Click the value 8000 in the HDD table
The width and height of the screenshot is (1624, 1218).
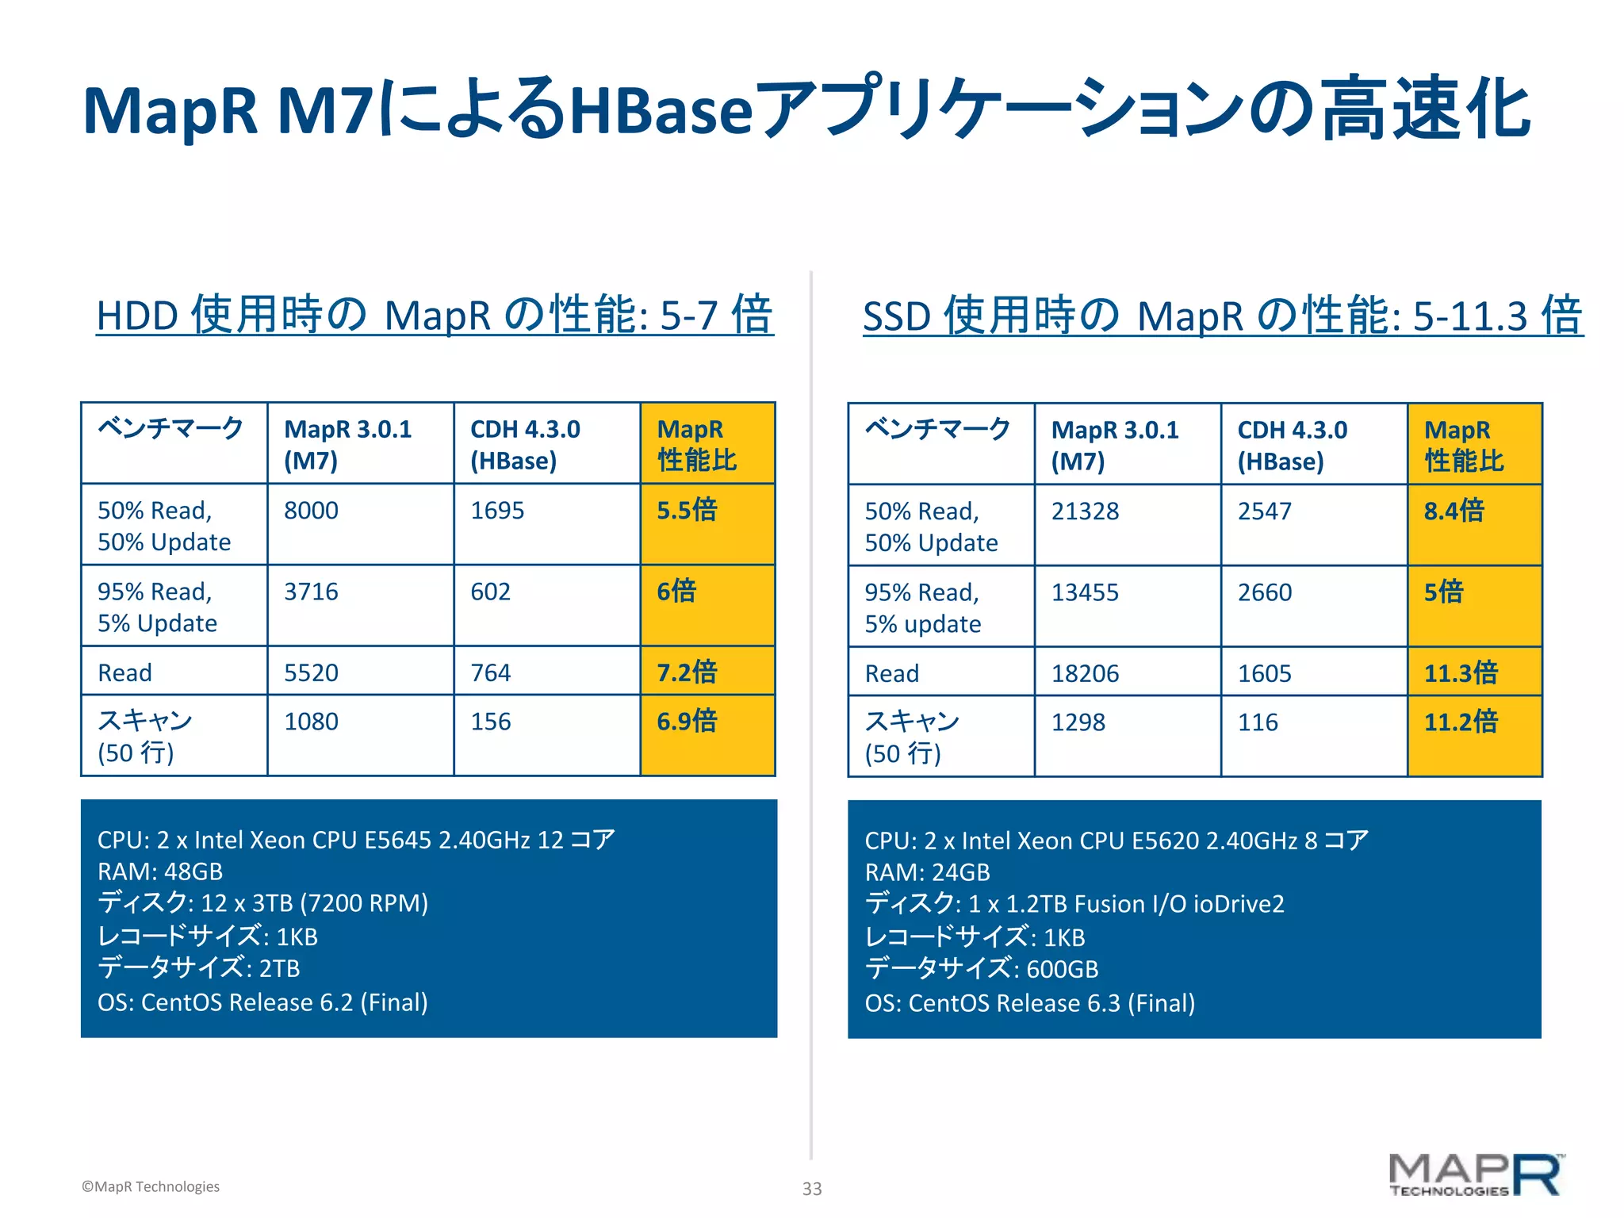(311, 511)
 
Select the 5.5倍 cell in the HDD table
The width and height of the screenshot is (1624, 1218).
(687, 510)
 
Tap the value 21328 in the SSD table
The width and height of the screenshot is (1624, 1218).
(1085, 511)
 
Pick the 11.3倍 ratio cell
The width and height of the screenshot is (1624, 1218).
(1461, 673)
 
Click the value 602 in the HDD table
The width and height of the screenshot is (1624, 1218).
(490, 592)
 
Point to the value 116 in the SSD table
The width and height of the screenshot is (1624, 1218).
(1258, 722)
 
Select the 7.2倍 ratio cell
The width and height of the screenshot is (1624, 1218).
(687, 672)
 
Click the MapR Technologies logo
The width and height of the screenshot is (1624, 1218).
(1476, 1175)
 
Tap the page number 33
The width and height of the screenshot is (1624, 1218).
(812, 1189)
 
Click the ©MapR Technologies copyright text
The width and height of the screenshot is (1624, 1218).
(151, 1186)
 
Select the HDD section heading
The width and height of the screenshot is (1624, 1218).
(434, 315)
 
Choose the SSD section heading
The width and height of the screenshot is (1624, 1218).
(1222, 316)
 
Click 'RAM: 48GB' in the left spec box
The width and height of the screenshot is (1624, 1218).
(160, 871)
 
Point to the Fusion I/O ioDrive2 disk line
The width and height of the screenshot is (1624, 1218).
(1074, 904)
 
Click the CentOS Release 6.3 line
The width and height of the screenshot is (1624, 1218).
(1029, 1003)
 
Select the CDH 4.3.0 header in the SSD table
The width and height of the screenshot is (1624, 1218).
(1292, 445)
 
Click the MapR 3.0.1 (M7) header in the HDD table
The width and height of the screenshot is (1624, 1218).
(347, 444)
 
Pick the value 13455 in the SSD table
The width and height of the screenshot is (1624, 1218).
(1085, 592)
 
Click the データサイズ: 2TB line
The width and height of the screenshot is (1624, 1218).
(198, 968)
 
